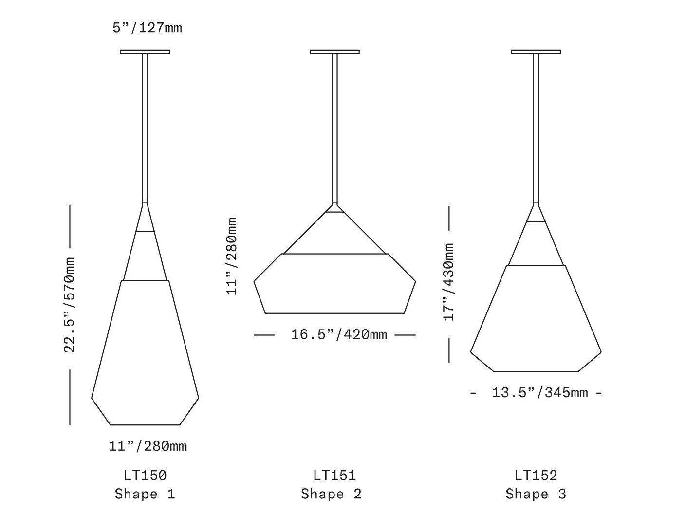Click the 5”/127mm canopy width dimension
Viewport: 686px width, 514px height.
pos(147,28)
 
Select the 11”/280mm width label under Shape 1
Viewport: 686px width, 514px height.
pos(148,446)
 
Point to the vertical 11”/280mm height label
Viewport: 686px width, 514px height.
pos(232,256)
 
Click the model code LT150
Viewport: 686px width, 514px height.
pos(145,476)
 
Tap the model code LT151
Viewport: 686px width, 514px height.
pos(334,476)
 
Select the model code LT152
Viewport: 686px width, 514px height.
pos(536,476)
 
